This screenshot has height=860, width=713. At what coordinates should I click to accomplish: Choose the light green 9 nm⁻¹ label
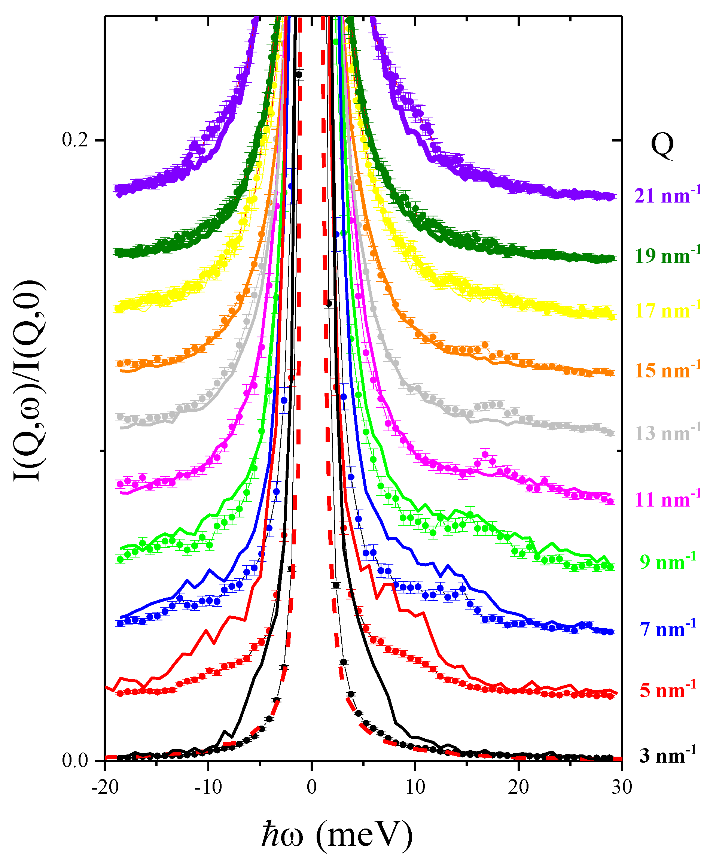pyautogui.click(x=668, y=562)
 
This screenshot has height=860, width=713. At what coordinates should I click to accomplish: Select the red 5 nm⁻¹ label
pyautogui.click(x=668, y=691)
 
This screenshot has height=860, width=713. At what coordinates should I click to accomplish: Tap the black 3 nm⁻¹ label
pyautogui.click(x=668, y=756)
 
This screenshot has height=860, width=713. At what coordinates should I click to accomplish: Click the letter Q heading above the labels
pyautogui.click(x=662, y=146)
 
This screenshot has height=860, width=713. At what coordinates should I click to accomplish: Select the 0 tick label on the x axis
pyautogui.click(x=312, y=787)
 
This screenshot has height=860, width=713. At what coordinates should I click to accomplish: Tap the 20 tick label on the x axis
pyautogui.click(x=519, y=787)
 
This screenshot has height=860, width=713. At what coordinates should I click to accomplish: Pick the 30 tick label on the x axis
pyautogui.click(x=622, y=787)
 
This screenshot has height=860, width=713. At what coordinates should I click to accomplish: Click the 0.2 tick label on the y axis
pyautogui.click(x=75, y=140)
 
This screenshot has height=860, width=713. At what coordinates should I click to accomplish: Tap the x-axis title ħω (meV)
pyautogui.click(x=336, y=834)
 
